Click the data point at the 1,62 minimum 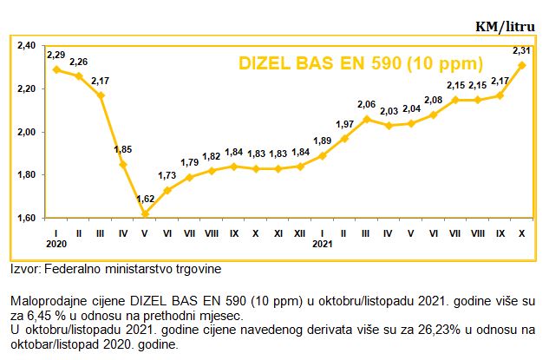(x=145, y=213)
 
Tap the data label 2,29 (x=56, y=55)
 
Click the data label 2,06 (x=367, y=104)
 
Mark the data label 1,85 (x=122, y=149)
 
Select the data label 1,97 (x=344, y=124)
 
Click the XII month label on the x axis (x=300, y=232)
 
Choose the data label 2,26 (x=78, y=62)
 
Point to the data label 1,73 (x=167, y=175)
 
